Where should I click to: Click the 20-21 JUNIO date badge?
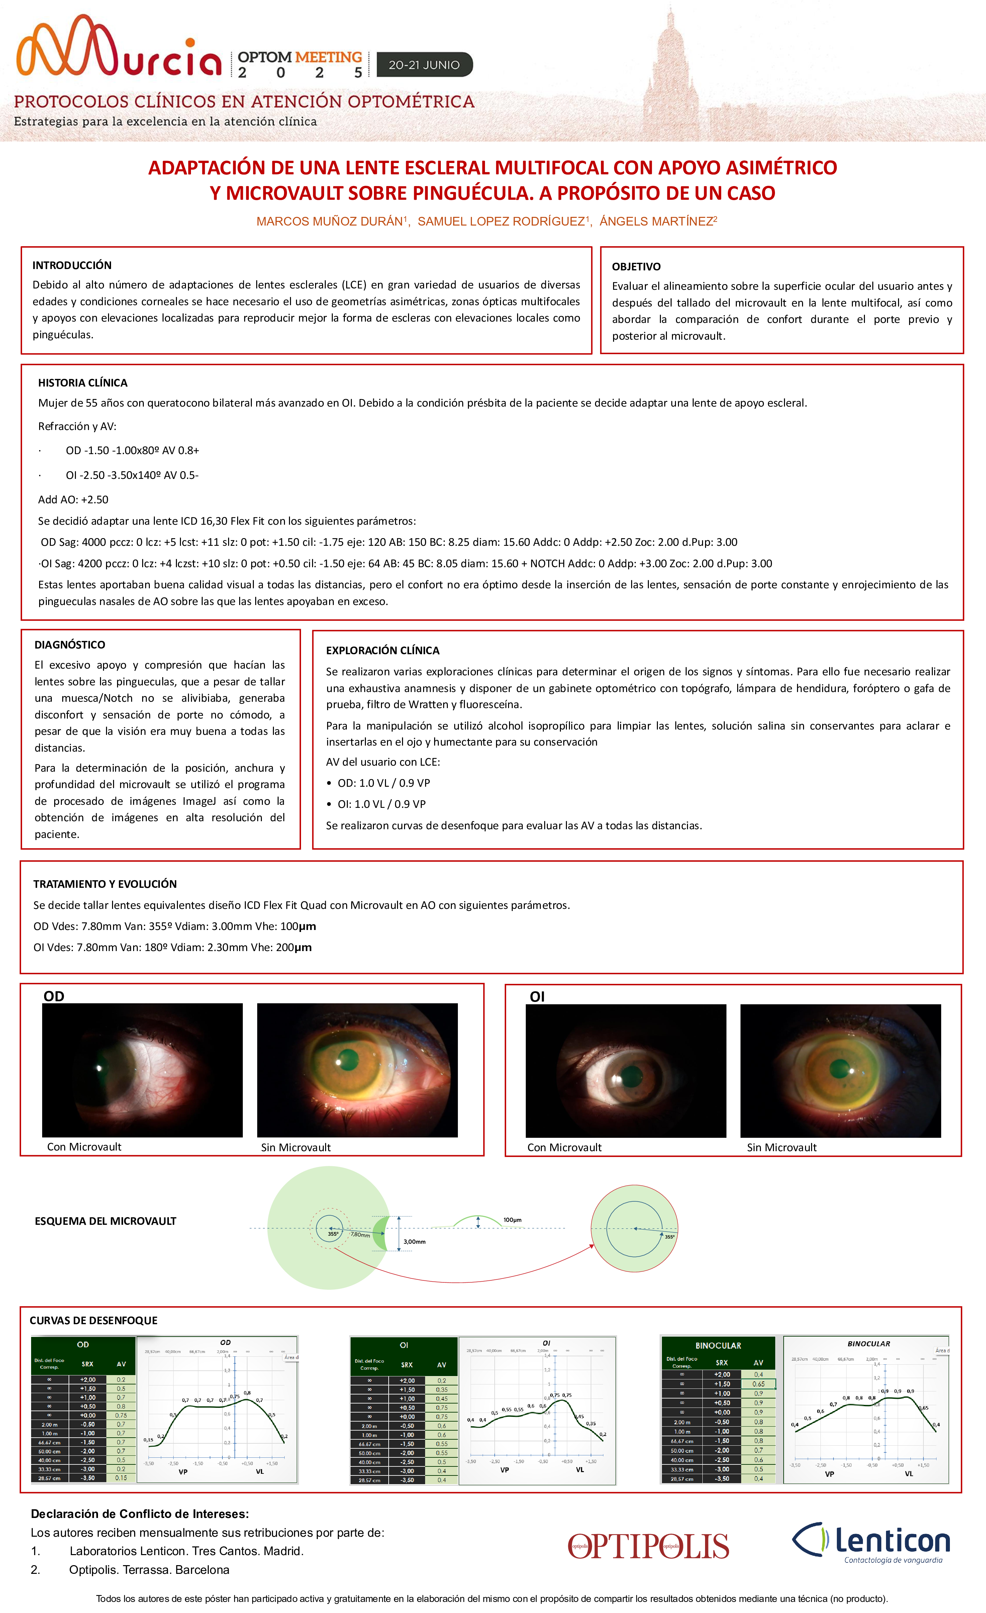[x=424, y=65]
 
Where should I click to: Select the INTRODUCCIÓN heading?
[x=72, y=265]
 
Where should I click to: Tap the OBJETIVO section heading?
[x=636, y=266]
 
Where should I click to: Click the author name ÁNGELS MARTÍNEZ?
[x=658, y=221]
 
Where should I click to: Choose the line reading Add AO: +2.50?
[x=73, y=500]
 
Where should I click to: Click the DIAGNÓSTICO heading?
[x=69, y=645]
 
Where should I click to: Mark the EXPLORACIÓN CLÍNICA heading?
[x=383, y=650]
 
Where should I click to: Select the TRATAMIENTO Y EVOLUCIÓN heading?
[x=105, y=884]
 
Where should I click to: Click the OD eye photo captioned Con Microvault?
[x=142, y=1070]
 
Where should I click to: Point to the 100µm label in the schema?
[x=512, y=1219]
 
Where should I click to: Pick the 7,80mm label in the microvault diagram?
[x=360, y=1235]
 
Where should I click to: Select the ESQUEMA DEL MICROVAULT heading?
[x=105, y=1221]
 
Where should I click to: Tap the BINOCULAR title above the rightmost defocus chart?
[x=868, y=1343]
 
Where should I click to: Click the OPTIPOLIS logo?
[x=648, y=1546]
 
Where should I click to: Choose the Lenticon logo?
[x=871, y=1542]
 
